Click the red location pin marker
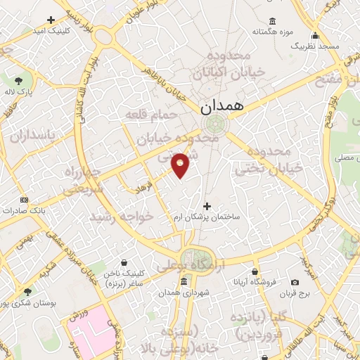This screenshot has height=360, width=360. [x=181, y=165]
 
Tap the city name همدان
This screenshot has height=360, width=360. [x=221, y=108]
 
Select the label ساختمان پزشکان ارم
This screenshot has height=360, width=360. [x=207, y=217]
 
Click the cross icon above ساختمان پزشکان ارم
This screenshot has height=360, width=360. [x=207, y=206]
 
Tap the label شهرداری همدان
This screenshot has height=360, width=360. [x=183, y=292]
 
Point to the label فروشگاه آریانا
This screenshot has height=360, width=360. [x=255, y=282]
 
